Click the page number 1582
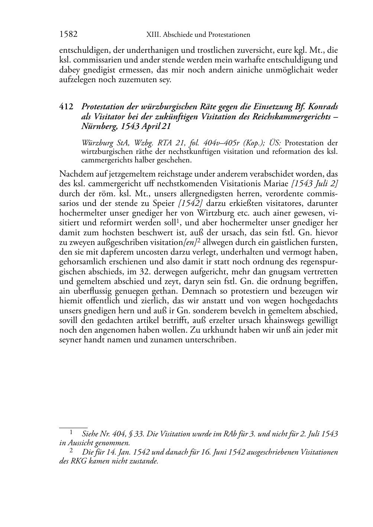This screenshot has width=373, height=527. tap(68, 35)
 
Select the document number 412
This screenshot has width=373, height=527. tap(66, 107)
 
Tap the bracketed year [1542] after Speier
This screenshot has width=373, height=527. tap(190, 203)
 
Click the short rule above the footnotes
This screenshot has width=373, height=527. tap(73, 428)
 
